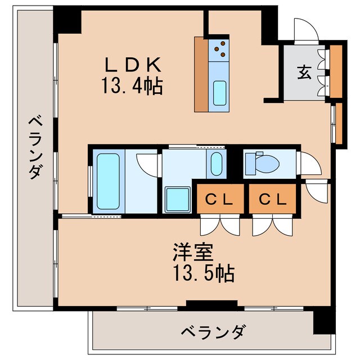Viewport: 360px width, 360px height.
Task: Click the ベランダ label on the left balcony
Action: click(x=35, y=147)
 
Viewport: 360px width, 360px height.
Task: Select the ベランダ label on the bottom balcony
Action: click(x=213, y=332)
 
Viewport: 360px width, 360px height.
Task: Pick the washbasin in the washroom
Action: click(x=217, y=164)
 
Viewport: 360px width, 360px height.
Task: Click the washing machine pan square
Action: click(x=178, y=200)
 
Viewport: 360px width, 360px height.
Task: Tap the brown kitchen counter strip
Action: click(x=201, y=74)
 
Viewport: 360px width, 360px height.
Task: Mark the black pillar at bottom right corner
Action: click(x=323, y=323)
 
